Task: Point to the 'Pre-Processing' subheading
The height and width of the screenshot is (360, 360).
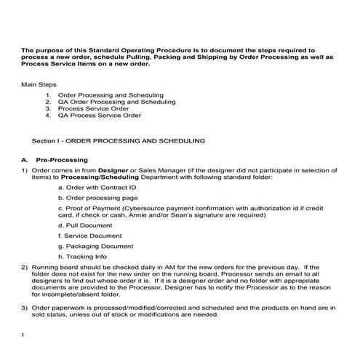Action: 62,159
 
